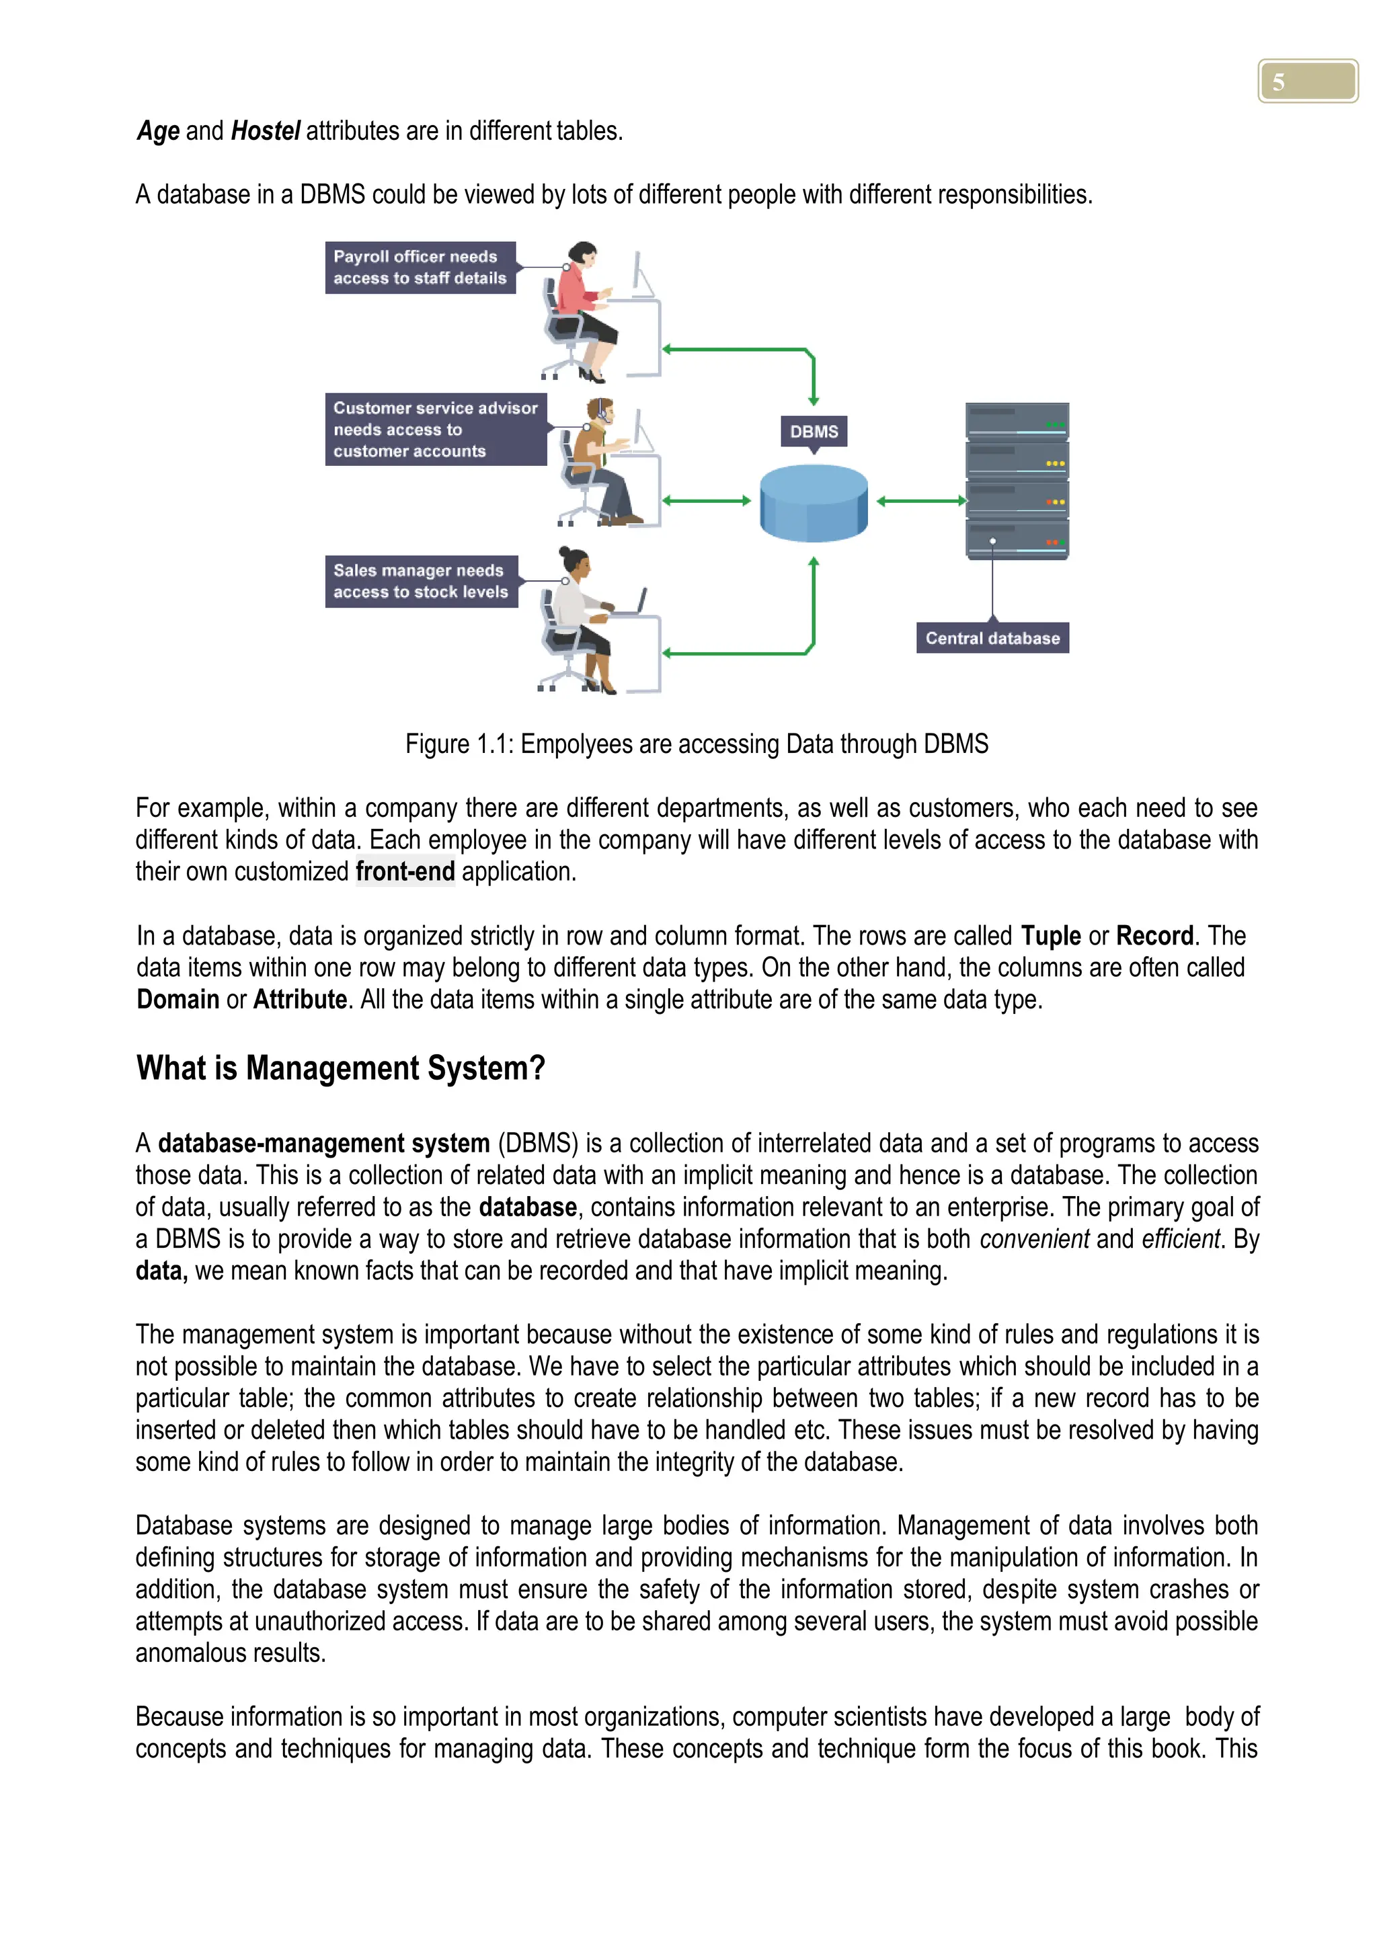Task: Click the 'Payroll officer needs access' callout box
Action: point(420,267)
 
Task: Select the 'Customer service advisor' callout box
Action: point(435,429)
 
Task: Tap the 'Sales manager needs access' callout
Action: point(420,581)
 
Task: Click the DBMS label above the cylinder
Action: point(813,431)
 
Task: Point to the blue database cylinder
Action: point(813,502)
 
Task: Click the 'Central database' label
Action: point(992,638)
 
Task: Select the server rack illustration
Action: point(1017,480)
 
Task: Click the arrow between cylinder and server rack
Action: point(921,501)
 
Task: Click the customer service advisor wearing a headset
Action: point(598,462)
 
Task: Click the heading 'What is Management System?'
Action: point(340,1068)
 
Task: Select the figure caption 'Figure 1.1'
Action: point(696,744)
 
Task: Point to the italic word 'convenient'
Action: point(1033,1239)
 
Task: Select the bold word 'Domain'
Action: point(178,999)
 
